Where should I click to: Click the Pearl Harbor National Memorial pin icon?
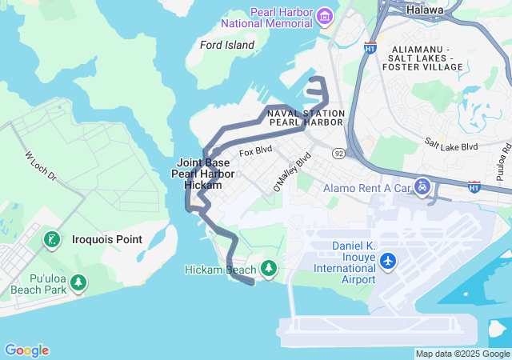point(324,16)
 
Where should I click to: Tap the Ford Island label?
point(227,46)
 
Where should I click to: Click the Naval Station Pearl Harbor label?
point(306,118)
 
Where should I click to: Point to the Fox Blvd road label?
point(256,150)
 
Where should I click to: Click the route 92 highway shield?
point(339,153)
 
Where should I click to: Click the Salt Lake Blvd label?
point(451,146)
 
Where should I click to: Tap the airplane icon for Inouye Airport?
point(388,261)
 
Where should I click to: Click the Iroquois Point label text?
point(107,239)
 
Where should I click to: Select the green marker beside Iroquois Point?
point(52,239)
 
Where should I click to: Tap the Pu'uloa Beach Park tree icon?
point(78,282)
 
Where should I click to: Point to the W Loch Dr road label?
point(41,166)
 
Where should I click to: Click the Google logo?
point(26,350)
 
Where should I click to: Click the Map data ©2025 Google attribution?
point(463,354)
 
